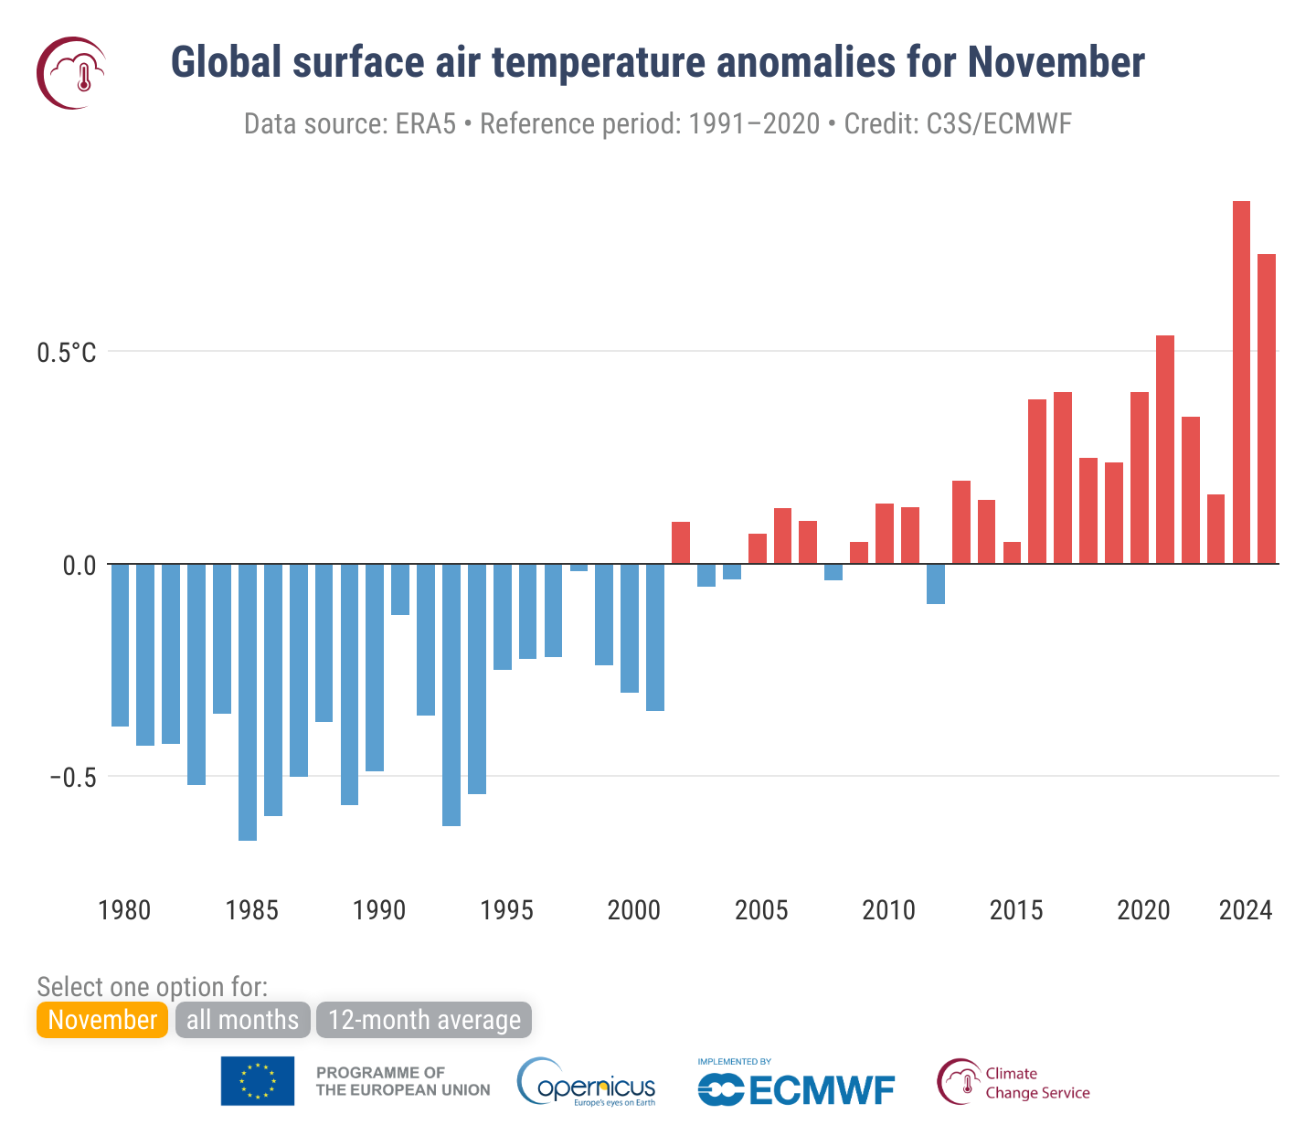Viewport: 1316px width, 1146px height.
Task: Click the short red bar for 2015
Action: point(1012,553)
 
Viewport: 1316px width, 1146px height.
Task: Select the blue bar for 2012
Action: point(935,584)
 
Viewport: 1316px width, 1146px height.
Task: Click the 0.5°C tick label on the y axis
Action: point(66,353)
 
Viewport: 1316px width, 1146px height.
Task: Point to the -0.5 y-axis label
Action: point(72,778)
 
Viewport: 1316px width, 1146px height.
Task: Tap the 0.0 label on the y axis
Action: point(80,566)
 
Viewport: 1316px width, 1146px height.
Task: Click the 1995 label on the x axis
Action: point(506,910)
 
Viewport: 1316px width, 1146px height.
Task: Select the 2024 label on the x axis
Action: point(1245,910)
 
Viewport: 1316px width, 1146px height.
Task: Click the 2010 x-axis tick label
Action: point(888,910)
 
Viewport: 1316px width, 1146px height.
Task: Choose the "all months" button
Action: point(242,1020)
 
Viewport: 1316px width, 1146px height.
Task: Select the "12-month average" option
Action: point(424,1020)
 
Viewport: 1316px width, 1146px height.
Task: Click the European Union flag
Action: point(258,1081)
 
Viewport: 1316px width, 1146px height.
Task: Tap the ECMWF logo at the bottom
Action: point(796,1088)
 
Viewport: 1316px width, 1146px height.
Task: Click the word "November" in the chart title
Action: point(1056,62)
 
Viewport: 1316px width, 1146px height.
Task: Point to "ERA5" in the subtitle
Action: point(425,123)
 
